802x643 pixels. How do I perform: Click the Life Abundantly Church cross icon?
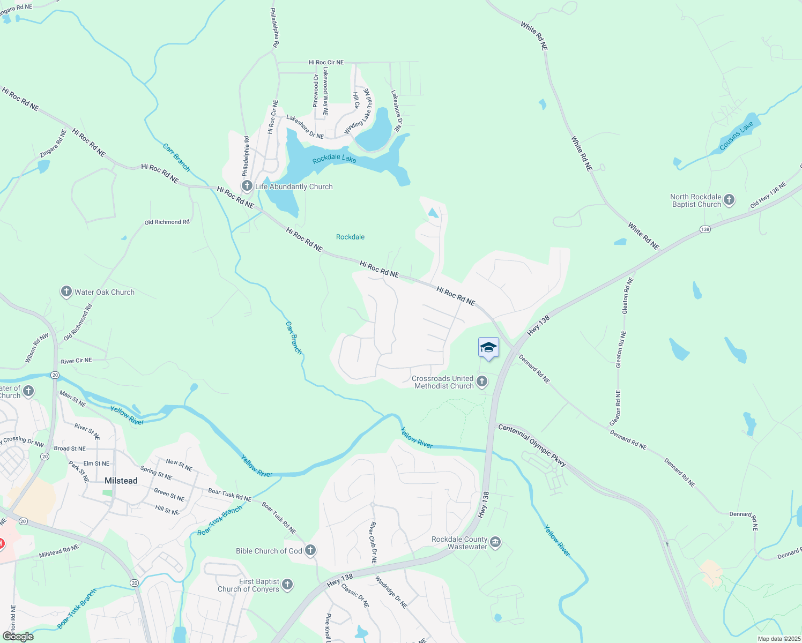247,186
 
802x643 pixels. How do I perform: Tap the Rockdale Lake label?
334,159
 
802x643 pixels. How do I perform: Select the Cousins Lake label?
736,136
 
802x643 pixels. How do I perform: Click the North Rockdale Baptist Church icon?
729,200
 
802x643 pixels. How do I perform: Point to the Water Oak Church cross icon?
66,291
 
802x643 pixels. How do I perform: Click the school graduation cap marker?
488,348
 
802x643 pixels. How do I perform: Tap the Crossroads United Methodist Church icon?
482,382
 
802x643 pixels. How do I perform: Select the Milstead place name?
121,481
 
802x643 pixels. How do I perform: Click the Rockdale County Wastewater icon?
495,543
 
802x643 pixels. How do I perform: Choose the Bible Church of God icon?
310,550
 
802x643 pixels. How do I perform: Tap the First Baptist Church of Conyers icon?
287,585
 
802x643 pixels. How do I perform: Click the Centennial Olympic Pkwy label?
532,445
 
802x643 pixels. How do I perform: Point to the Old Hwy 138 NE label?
768,195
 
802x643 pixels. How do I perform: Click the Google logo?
18,636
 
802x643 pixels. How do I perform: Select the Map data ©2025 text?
778,639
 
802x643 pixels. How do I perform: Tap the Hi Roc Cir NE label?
326,63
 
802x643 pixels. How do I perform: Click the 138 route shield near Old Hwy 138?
704,229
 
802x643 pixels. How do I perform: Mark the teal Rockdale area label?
350,237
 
